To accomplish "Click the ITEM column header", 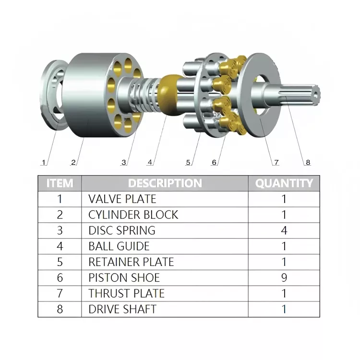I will (60, 183).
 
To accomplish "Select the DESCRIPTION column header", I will (165, 183).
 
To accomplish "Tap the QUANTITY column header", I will (284, 183).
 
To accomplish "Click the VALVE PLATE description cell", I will (122, 199).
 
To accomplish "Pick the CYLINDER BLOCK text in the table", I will (133, 215).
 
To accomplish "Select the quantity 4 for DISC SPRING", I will (284, 230).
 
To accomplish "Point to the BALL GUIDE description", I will (119, 246).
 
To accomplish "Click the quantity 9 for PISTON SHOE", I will (284, 277).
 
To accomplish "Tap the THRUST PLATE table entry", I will (126, 293).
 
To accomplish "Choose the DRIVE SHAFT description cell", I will (122, 309).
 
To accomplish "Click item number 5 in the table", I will (60, 262).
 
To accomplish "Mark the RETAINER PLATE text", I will (131, 262).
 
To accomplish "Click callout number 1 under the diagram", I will (44, 162).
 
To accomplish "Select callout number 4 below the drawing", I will (150, 162).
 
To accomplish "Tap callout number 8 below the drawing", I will (308, 162).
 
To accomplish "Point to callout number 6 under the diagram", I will (214, 162).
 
